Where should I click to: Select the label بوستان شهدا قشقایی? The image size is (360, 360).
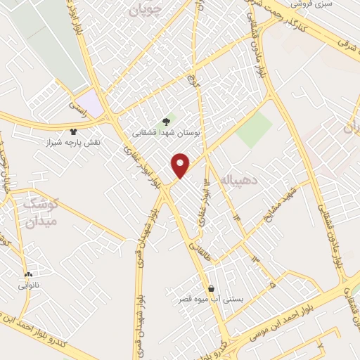[165, 131]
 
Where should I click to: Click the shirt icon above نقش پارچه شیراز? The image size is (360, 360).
[72, 131]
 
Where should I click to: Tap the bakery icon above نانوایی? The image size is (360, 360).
[28, 275]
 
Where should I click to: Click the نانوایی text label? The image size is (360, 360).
[28, 286]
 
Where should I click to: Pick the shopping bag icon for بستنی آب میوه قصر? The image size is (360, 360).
[211, 288]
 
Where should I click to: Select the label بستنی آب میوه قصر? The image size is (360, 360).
[211, 299]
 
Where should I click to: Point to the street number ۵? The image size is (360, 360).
[273, 285]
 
